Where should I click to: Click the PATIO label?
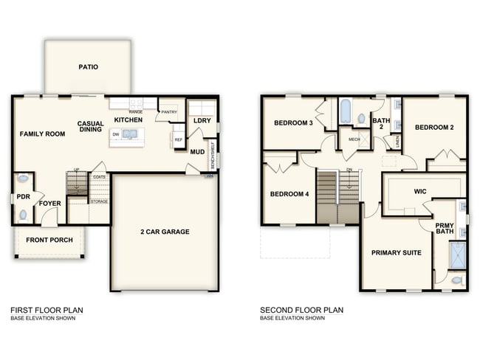pyautogui.click(x=89, y=67)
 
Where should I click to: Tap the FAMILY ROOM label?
pyautogui.click(x=40, y=134)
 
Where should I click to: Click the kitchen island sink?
pyautogui.click(x=129, y=134)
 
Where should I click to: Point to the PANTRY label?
pyautogui.click(x=169, y=112)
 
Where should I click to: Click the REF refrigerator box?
pyautogui.click(x=178, y=139)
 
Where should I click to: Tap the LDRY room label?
pyautogui.click(x=202, y=120)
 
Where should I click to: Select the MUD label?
pyautogui.click(x=197, y=152)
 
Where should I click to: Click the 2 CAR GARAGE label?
pyautogui.click(x=165, y=232)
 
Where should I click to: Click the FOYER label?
pyautogui.click(x=50, y=204)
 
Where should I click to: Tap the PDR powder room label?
pyautogui.click(x=22, y=197)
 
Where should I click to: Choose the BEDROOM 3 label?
pyautogui.click(x=293, y=123)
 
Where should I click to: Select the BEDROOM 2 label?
pyautogui.click(x=433, y=128)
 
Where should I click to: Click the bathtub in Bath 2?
pyautogui.click(x=346, y=112)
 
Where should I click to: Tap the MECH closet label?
pyautogui.click(x=354, y=139)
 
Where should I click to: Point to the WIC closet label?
pyautogui.click(x=420, y=191)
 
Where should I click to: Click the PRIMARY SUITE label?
pyautogui.click(x=396, y=252)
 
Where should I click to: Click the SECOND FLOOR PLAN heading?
pyautogui.click(x=301, y=311)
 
